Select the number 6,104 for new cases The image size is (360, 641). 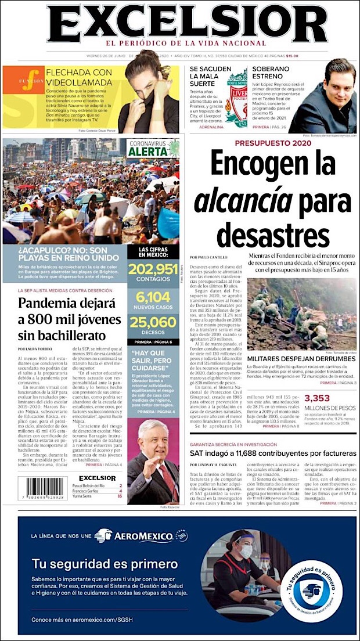[x=153, y=296]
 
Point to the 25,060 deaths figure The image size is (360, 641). [x=153, y=322]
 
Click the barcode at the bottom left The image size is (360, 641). [x=42, y=487]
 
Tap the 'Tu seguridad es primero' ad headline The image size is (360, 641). [x=105, y=563]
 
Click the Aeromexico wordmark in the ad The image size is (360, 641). [x=143, y=536]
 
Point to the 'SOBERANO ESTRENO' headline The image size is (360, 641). [x=275, y=73]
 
